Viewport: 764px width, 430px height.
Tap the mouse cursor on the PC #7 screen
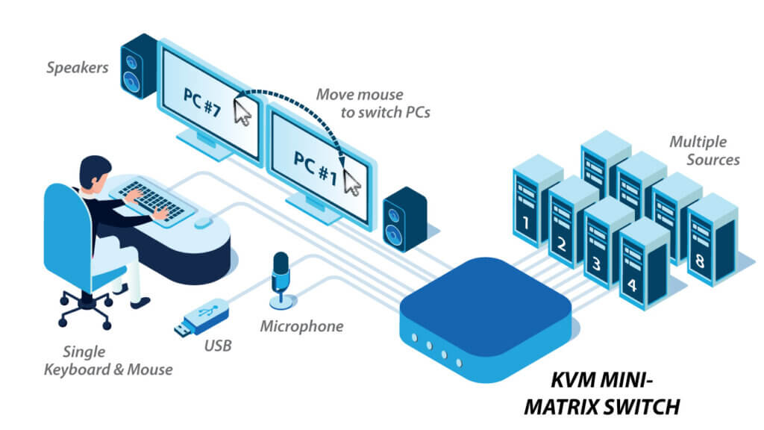(x=242, y=112)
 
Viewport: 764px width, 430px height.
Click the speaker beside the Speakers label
(x=139, y=71)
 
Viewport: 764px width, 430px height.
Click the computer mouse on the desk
(x=203, y=222)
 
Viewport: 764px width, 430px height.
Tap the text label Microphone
(x=301, y=326)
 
